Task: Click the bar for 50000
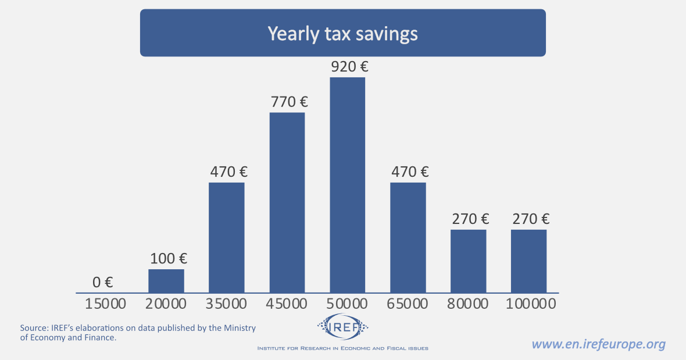pos(348,185)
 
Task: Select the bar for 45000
pos(287,202)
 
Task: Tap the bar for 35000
pos(227,237)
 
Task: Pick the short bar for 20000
pos(166,281)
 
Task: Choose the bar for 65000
pos(408,237)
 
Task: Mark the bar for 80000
pos(469,261)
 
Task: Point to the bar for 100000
pos(529,261)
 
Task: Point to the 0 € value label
pos(102,283)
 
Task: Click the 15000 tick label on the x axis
pos(105,304)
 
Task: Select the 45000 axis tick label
pos(287,304)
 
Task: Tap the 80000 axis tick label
pos(469,304)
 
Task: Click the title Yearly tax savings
pos(342,33)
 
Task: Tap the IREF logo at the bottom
pos(343,327)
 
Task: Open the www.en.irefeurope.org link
pos(599,344)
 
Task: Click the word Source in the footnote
pos(33,328)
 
